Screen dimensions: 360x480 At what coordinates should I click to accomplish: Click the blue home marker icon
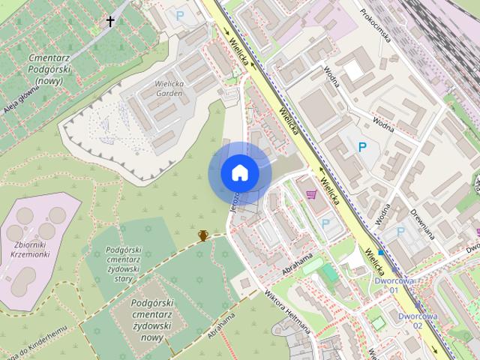coord(239,173)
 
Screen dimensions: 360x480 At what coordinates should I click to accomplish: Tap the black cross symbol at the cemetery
coord(110,22)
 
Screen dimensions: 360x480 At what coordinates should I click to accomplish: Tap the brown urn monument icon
coord(202,235)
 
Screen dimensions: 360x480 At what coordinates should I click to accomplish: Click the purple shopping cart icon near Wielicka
coord(311,194)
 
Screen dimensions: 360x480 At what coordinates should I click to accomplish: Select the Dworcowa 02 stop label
coord(416,320)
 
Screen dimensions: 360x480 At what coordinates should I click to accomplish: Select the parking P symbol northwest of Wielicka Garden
coord(179,13)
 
